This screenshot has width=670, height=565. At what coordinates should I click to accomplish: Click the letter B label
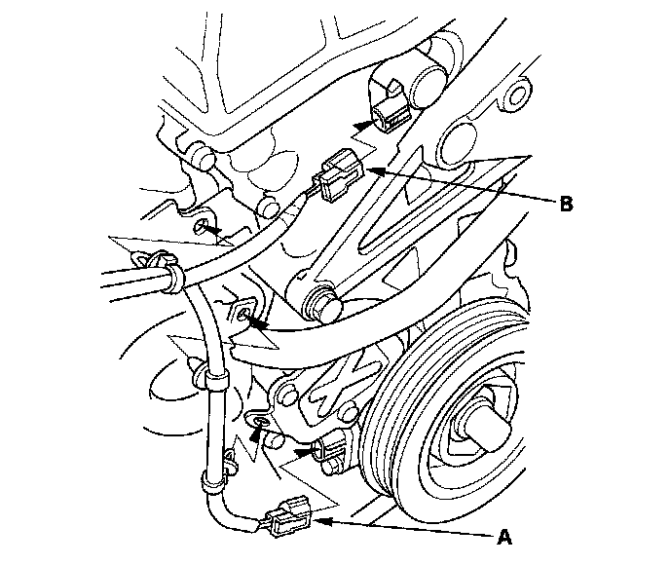pyautogui.click(x=566, y=205)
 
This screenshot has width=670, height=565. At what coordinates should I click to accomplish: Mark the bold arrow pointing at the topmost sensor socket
pyautogui.click(x=363, y=125)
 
